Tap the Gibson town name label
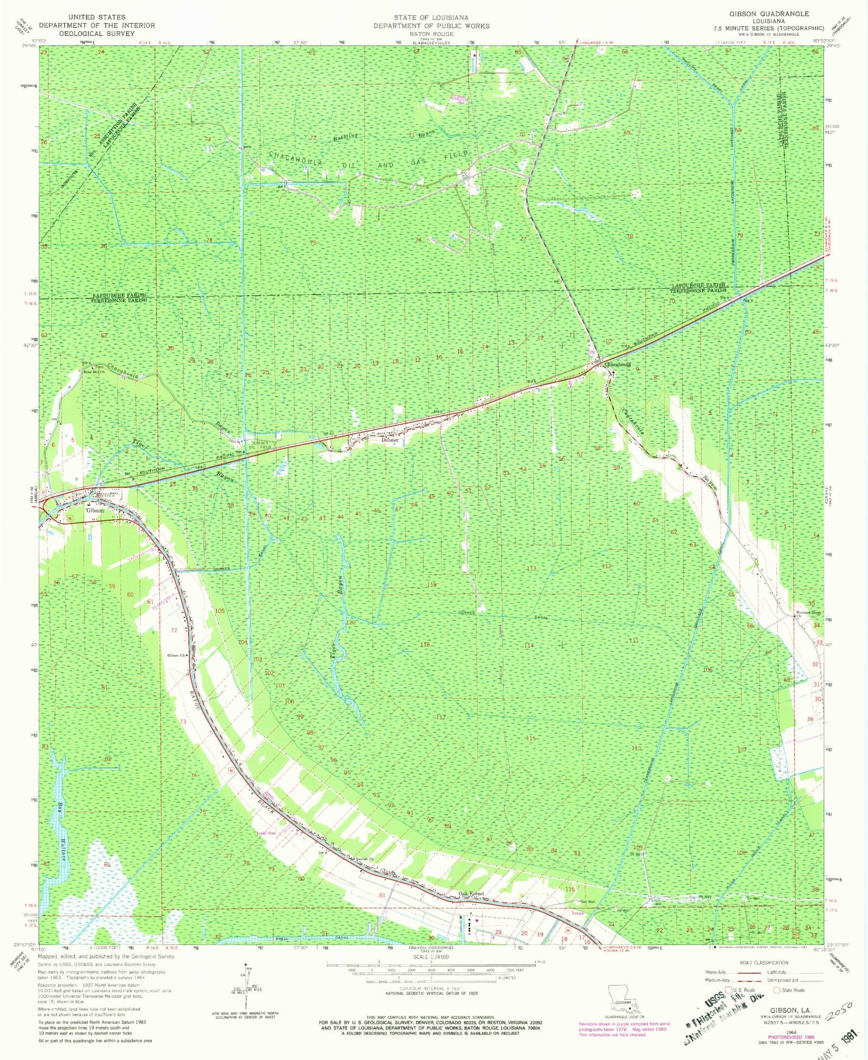[x=95, y=510]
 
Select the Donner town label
[x=390, y=440]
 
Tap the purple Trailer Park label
[x=267, y=833]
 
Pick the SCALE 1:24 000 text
[x=431, y=956]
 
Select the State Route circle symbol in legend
[x=776, y=990]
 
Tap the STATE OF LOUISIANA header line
[x=431, y=18]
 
